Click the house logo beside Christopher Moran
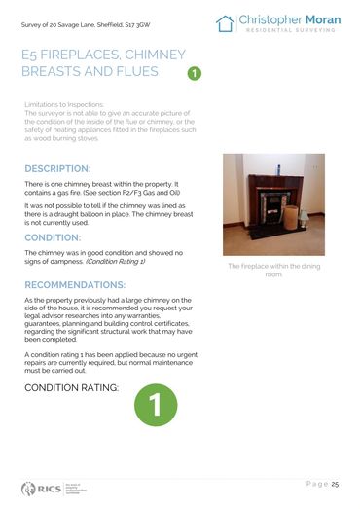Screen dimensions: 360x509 [226, 23]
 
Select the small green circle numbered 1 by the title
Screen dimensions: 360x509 [194, 73]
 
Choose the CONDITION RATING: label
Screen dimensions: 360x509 [71, 388]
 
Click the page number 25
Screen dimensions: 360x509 [335, 484]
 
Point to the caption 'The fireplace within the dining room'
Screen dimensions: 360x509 [273, 270]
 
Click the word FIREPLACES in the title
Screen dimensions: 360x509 [81, 57]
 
